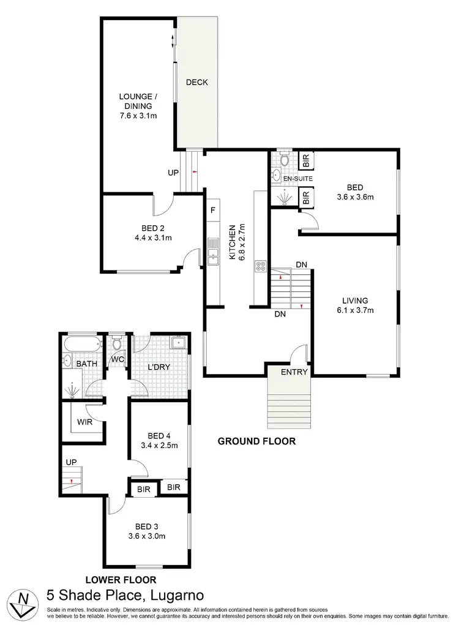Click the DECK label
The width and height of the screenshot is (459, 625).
click(197, 82)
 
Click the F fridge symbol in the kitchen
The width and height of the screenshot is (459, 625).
click(212, 211)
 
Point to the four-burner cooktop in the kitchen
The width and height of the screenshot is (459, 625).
click(259, 266)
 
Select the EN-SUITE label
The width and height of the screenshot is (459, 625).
click(298, 178)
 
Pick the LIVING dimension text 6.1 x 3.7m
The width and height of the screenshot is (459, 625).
click(355, 310)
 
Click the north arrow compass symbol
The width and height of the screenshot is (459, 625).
click(23, 603)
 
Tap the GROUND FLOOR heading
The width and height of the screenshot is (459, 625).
click(258, 441)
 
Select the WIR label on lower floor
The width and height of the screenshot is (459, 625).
click(84, 421)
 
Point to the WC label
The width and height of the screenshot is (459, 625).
click(117, 360)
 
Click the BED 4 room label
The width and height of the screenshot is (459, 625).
click(156, 436)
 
